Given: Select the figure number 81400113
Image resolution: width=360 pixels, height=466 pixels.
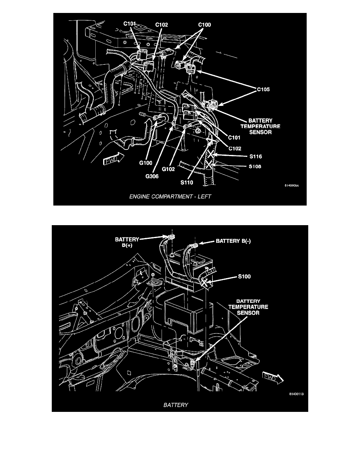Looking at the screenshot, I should pos(296,395).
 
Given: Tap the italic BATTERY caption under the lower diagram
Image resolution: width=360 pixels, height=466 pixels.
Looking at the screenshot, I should pos(175,406).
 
